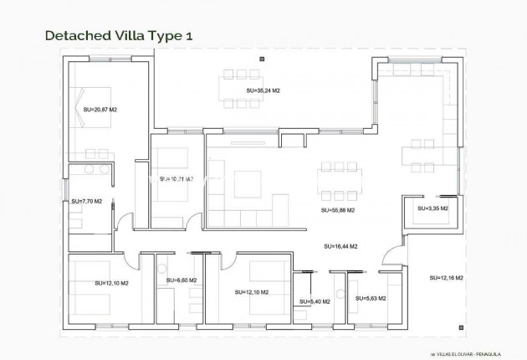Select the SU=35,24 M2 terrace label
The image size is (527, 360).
tap(263, 90)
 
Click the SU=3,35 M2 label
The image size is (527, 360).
tap(432, 208)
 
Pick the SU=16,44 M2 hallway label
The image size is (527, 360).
tap(341, 246)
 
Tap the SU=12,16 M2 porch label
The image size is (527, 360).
tap(447, 277)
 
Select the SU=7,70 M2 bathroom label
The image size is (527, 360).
tap(86, 201)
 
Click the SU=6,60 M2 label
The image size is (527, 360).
tap(182, 280)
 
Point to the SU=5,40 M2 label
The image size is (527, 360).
tap(315, 301)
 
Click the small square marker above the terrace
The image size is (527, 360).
tap(263, 58)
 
